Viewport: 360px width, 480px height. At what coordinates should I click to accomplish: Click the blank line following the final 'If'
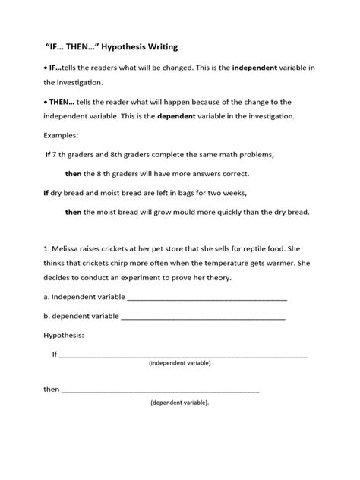(183, 355)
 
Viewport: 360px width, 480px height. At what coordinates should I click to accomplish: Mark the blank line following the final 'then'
(160, 390)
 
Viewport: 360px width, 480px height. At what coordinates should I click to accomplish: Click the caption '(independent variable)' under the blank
(180, 364)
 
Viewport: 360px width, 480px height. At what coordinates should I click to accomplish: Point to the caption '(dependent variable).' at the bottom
(180, 402)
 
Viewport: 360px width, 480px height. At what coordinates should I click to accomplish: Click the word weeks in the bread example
(235, 193)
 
